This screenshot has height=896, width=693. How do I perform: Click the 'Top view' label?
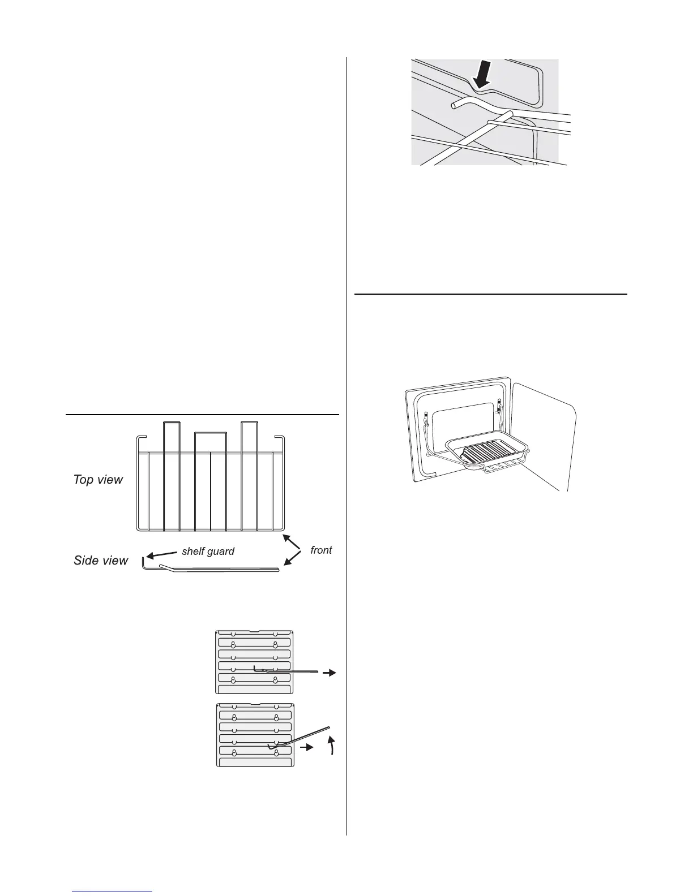coord(98,480)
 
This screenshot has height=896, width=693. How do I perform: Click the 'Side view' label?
coord(101,561)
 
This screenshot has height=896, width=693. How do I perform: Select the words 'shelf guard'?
coord(208,552)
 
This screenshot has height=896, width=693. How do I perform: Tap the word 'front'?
coord(321,550)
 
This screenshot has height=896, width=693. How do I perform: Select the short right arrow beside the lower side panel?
coord(306,747)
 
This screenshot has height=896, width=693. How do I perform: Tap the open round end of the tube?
coord(454,105)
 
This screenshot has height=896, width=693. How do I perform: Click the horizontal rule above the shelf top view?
coord(202,415)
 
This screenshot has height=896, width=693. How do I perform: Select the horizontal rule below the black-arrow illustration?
coord(490,294)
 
